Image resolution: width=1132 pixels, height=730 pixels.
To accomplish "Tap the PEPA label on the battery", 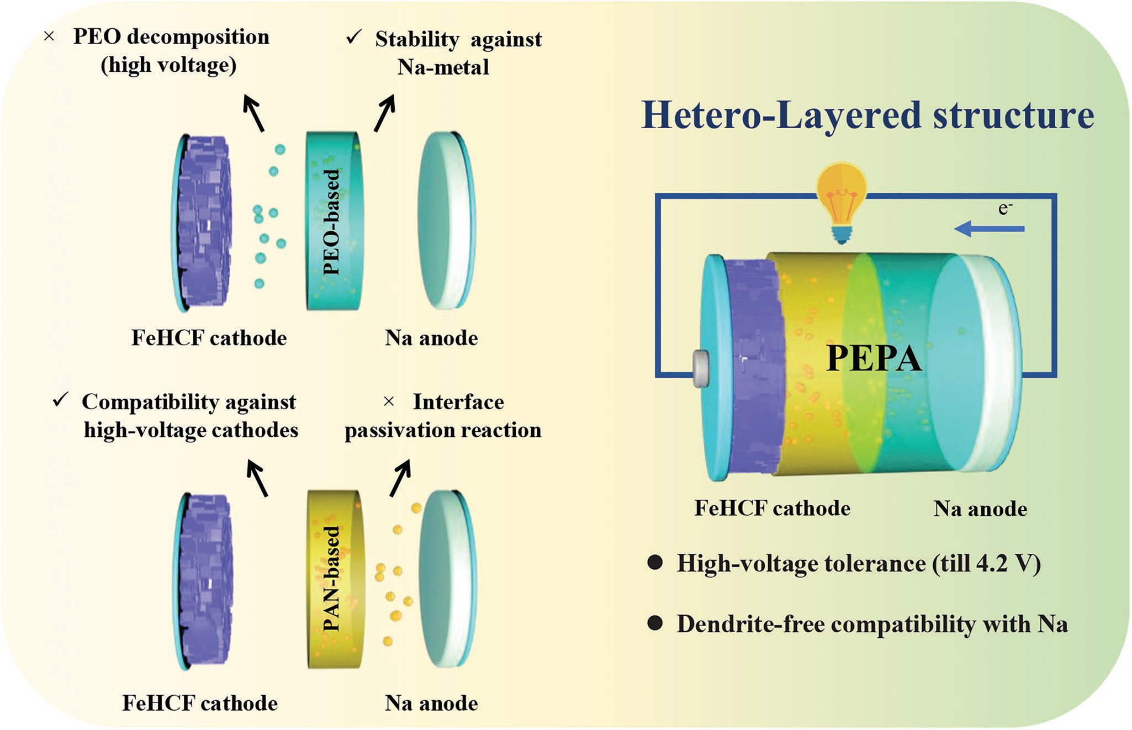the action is (x=874, y=358).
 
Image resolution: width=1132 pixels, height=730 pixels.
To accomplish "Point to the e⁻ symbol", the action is (x=1005, y=208).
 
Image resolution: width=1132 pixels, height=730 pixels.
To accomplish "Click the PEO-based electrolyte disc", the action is (x=335, y=221).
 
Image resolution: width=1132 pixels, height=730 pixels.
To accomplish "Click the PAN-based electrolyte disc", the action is (x=335, y=579).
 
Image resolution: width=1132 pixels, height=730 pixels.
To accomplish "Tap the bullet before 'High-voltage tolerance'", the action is (x=655, y=563).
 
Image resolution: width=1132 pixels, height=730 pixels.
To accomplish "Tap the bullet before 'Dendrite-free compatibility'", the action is (x=655, y=623).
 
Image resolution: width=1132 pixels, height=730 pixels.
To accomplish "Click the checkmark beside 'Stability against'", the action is (x=353, y=38).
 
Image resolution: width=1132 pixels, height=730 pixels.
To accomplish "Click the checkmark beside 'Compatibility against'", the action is (x=60, y=400).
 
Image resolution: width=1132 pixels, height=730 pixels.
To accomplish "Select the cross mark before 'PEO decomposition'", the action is (x=49, y=37).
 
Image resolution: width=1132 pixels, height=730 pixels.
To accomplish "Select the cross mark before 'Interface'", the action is (x=389, y=401).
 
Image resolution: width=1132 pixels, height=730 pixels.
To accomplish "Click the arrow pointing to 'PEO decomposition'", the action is (x=253, y=113).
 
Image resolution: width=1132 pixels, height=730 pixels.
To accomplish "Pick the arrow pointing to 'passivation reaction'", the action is (x=401, y=478).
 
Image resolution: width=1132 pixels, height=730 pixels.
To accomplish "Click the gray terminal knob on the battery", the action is (x=701, y=368).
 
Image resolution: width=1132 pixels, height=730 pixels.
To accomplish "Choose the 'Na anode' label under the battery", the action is (x=980, y=509).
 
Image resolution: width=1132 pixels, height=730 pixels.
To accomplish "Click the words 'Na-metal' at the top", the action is (x=443, y=67).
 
